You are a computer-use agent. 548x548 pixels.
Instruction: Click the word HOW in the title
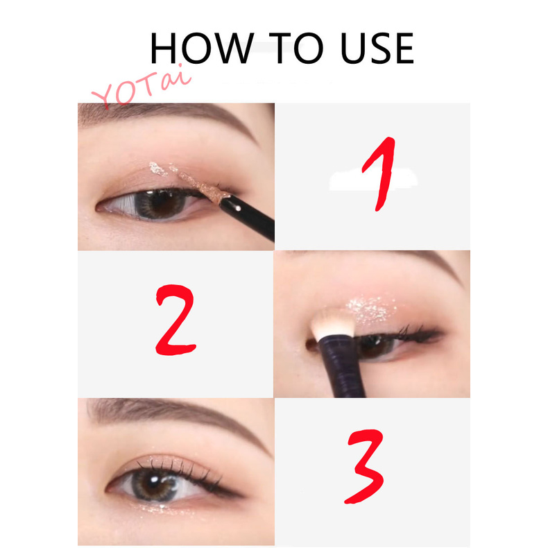(x=202, y=48)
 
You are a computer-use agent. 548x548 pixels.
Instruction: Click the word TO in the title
(x=296, y=48)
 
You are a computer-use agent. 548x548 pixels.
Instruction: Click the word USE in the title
(x=377, y=48)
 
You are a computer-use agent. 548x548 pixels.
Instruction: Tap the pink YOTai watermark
(x=142, y=86)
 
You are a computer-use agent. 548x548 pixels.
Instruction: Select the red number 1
(x=380, y=174)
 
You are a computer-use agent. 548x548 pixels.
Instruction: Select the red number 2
(x=175, y=320)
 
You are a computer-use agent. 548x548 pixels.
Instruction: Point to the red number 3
(x=365, y=467)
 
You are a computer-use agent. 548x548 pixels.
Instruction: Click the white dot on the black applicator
(x=238, y=209)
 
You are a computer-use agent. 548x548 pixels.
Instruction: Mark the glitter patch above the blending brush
(x=370, y=308)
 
